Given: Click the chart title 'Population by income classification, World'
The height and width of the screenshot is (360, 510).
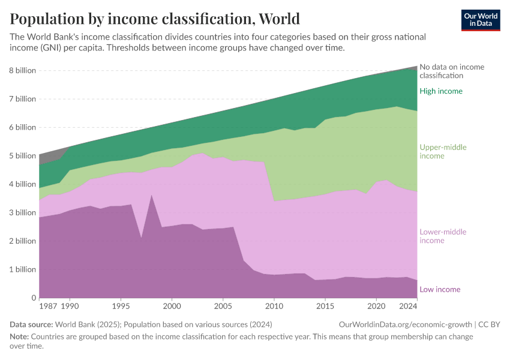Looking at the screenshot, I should click(x=155, y=19).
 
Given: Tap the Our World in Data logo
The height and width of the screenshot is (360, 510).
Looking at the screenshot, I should click(x=481, y=20).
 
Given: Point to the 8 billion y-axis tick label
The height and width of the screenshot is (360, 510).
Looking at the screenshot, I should click(x=22, y=70).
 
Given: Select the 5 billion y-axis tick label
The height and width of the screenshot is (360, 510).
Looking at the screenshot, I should click(x=22, y=156).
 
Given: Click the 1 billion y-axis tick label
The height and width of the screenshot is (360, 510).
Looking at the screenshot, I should click(x=22, y=269).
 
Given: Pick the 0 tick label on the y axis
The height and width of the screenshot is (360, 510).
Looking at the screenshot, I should click(x=34, y=298).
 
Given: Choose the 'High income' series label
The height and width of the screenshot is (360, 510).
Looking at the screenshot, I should click(x=441, y=91).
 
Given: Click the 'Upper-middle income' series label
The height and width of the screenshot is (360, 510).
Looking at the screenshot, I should click(x=443, y=152).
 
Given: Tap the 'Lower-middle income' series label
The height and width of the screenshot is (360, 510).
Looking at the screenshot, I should click(x=443, y=236).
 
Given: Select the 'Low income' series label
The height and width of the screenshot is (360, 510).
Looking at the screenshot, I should click(x=440, y=289).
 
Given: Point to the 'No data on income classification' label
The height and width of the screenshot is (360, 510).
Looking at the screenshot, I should click(x=451, y=71).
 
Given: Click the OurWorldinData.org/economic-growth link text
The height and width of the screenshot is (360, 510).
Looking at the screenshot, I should click(x=406, y=325).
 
